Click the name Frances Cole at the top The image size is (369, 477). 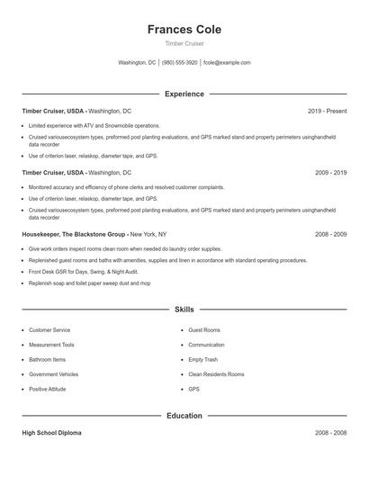(184, 30)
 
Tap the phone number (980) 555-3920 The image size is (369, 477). (179, 63)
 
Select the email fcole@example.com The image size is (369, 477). (227, 63)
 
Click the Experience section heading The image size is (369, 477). (184, 94)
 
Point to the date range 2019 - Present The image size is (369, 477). (327, 111)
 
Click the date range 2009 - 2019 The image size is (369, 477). (330, 172)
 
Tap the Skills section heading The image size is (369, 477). (184, 309)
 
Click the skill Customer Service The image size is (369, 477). (49, 330)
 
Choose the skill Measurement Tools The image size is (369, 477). (51, 345)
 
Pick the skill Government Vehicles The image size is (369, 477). (53, 374)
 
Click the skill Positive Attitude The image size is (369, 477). (49, 389)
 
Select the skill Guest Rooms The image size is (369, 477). (203, 330)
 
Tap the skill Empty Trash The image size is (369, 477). (202, 359)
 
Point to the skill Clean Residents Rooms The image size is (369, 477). (216, 374)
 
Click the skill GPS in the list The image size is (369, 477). (193, 389)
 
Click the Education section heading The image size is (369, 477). (184, 416)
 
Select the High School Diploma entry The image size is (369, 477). (51, 433)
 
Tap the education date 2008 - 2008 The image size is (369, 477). (330, 433)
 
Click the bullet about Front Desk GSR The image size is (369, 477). (83, 271)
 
